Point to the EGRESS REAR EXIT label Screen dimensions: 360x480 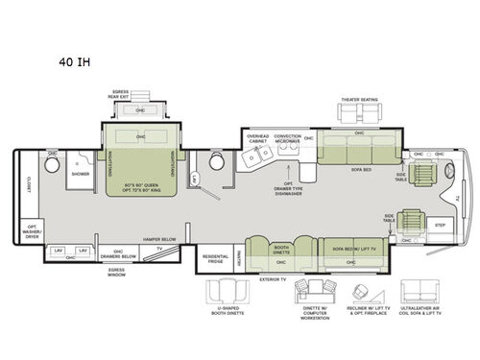pos(119,92)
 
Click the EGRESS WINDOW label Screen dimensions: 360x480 pos(119,273)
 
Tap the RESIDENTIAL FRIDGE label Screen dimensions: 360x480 pos(213,258)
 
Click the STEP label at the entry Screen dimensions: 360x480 pos(441,225)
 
